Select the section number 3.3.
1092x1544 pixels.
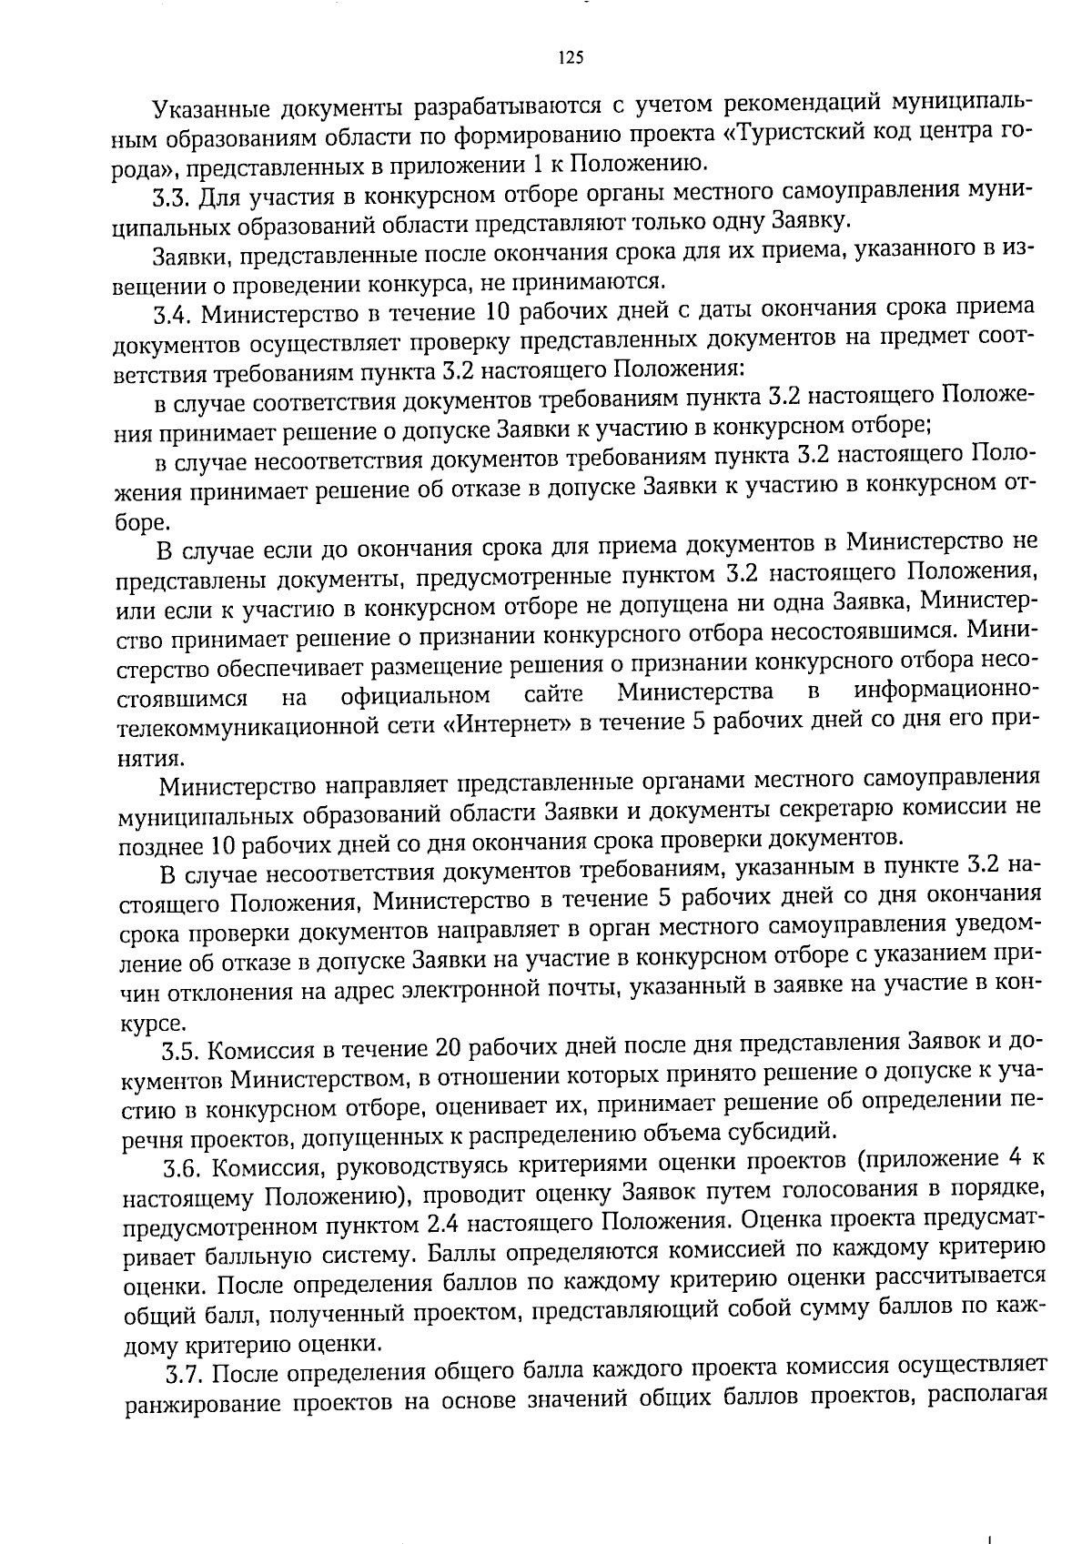tap(170, 197)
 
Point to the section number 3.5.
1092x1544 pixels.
tap(180, 1052)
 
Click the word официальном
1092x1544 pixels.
tap(416, 697)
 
